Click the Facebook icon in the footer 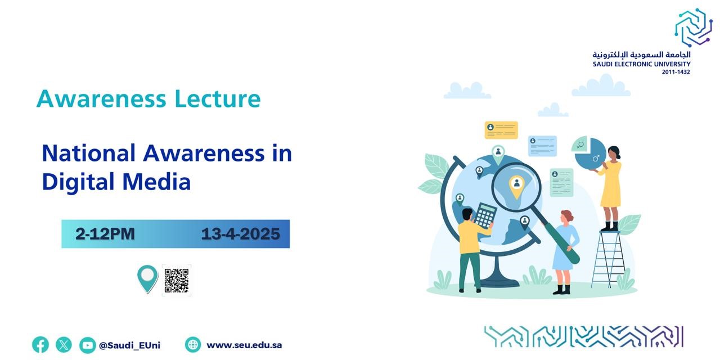[40, 345]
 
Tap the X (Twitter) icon [64, 345]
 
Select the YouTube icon [87, 345]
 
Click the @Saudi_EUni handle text [129, 345]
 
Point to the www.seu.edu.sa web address [244, 345]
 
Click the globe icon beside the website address [193, 345]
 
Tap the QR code [177, 280]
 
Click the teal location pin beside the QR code [147, 278]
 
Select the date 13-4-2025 [240, 234]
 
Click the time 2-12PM [105, 234]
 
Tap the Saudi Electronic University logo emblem [693, 27]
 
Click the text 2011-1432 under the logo [676, 72]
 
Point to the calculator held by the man [485, 215]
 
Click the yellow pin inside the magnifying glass [516, 184]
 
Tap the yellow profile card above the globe [501, 130]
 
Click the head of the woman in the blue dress [566, 217]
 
